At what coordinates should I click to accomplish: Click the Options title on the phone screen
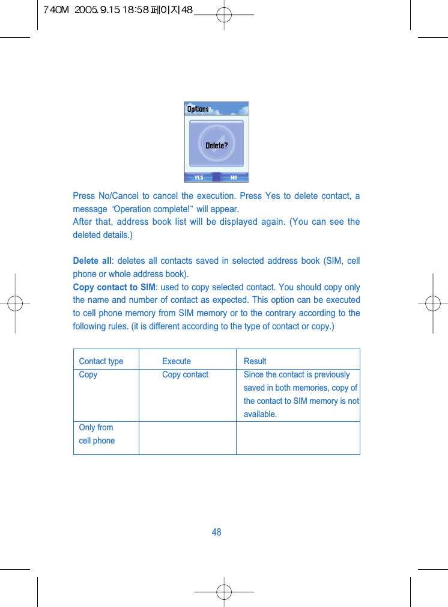click(x=198, y=109)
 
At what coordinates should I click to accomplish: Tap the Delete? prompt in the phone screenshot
click(x=216, y=145)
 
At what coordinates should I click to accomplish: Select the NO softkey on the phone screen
click(x=234, y=177)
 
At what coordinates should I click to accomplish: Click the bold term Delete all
click(x=92, y=261)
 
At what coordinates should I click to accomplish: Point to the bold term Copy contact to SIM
click(x=114, y=287)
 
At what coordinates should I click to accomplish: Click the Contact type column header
click(x=101, y=361)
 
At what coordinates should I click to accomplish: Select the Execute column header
click(x=177, y=361)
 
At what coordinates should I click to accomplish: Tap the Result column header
click(x=255, y=361)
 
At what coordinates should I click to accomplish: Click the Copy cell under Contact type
click(x=88, y=374)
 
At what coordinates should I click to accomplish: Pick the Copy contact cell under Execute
click(x=185, y=374)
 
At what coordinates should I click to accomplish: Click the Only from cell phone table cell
click(x=97, y=434)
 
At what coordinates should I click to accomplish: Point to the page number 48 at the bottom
click(x=217, y=532)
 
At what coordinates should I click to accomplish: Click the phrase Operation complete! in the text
click(x=153, y=209)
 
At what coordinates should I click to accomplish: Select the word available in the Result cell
click(x=259, y=414)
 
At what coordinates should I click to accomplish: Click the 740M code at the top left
click(x=56, y=10)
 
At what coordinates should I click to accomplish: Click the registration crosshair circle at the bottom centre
click(x=224, y=592)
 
